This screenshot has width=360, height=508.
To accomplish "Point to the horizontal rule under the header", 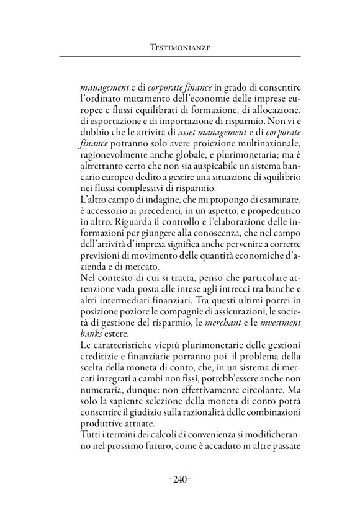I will pos(179,57).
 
